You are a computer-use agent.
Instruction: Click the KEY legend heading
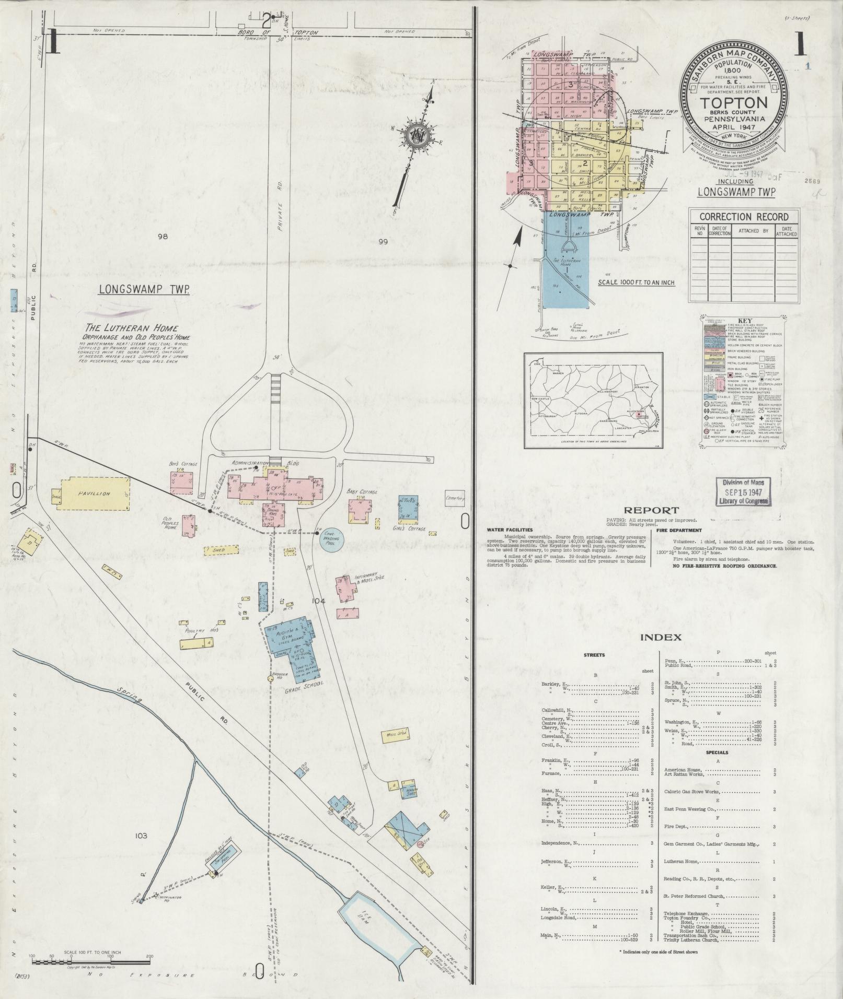tap(745, 321)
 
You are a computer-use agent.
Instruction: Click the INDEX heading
tap(660, 637)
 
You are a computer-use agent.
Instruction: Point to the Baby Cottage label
tap(362, 491)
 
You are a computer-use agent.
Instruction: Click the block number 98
tap(163, 237)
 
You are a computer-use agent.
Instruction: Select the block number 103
tap(141, 836)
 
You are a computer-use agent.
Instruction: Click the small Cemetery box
tap(454, 499)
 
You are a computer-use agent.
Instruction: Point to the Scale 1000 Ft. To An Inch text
tap(636, 283)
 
